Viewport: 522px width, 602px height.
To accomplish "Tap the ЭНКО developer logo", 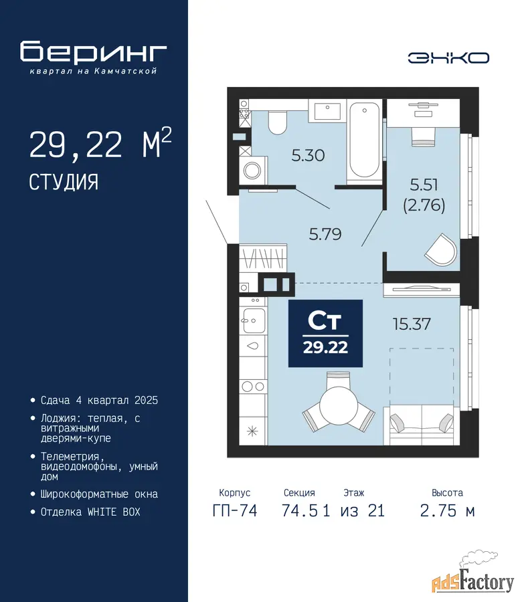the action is [448, 58].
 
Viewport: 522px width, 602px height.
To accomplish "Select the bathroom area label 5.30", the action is [308, 155].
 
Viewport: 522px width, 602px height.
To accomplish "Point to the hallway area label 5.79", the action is [325, 234].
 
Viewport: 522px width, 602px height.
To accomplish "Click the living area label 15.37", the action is [412, 324].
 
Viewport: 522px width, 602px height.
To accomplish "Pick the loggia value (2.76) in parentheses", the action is [424, 205].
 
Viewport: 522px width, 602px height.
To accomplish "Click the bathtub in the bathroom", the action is [364, 140].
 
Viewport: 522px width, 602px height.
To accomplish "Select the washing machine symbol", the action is [253, 170].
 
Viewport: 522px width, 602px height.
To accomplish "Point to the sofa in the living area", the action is [422, 425].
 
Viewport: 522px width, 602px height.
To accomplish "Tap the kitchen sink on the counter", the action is [253, 320].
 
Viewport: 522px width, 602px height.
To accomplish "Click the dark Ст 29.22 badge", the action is [325, 333].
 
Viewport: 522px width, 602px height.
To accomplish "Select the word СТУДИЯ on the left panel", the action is [64, 182].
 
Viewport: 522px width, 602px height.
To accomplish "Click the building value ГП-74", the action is [235, 510].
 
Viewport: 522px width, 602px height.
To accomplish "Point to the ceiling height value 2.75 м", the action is [448, 511].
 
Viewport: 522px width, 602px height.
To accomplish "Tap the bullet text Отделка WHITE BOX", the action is [90, 512].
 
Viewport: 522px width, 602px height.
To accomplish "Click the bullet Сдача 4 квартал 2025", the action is [100, 401].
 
